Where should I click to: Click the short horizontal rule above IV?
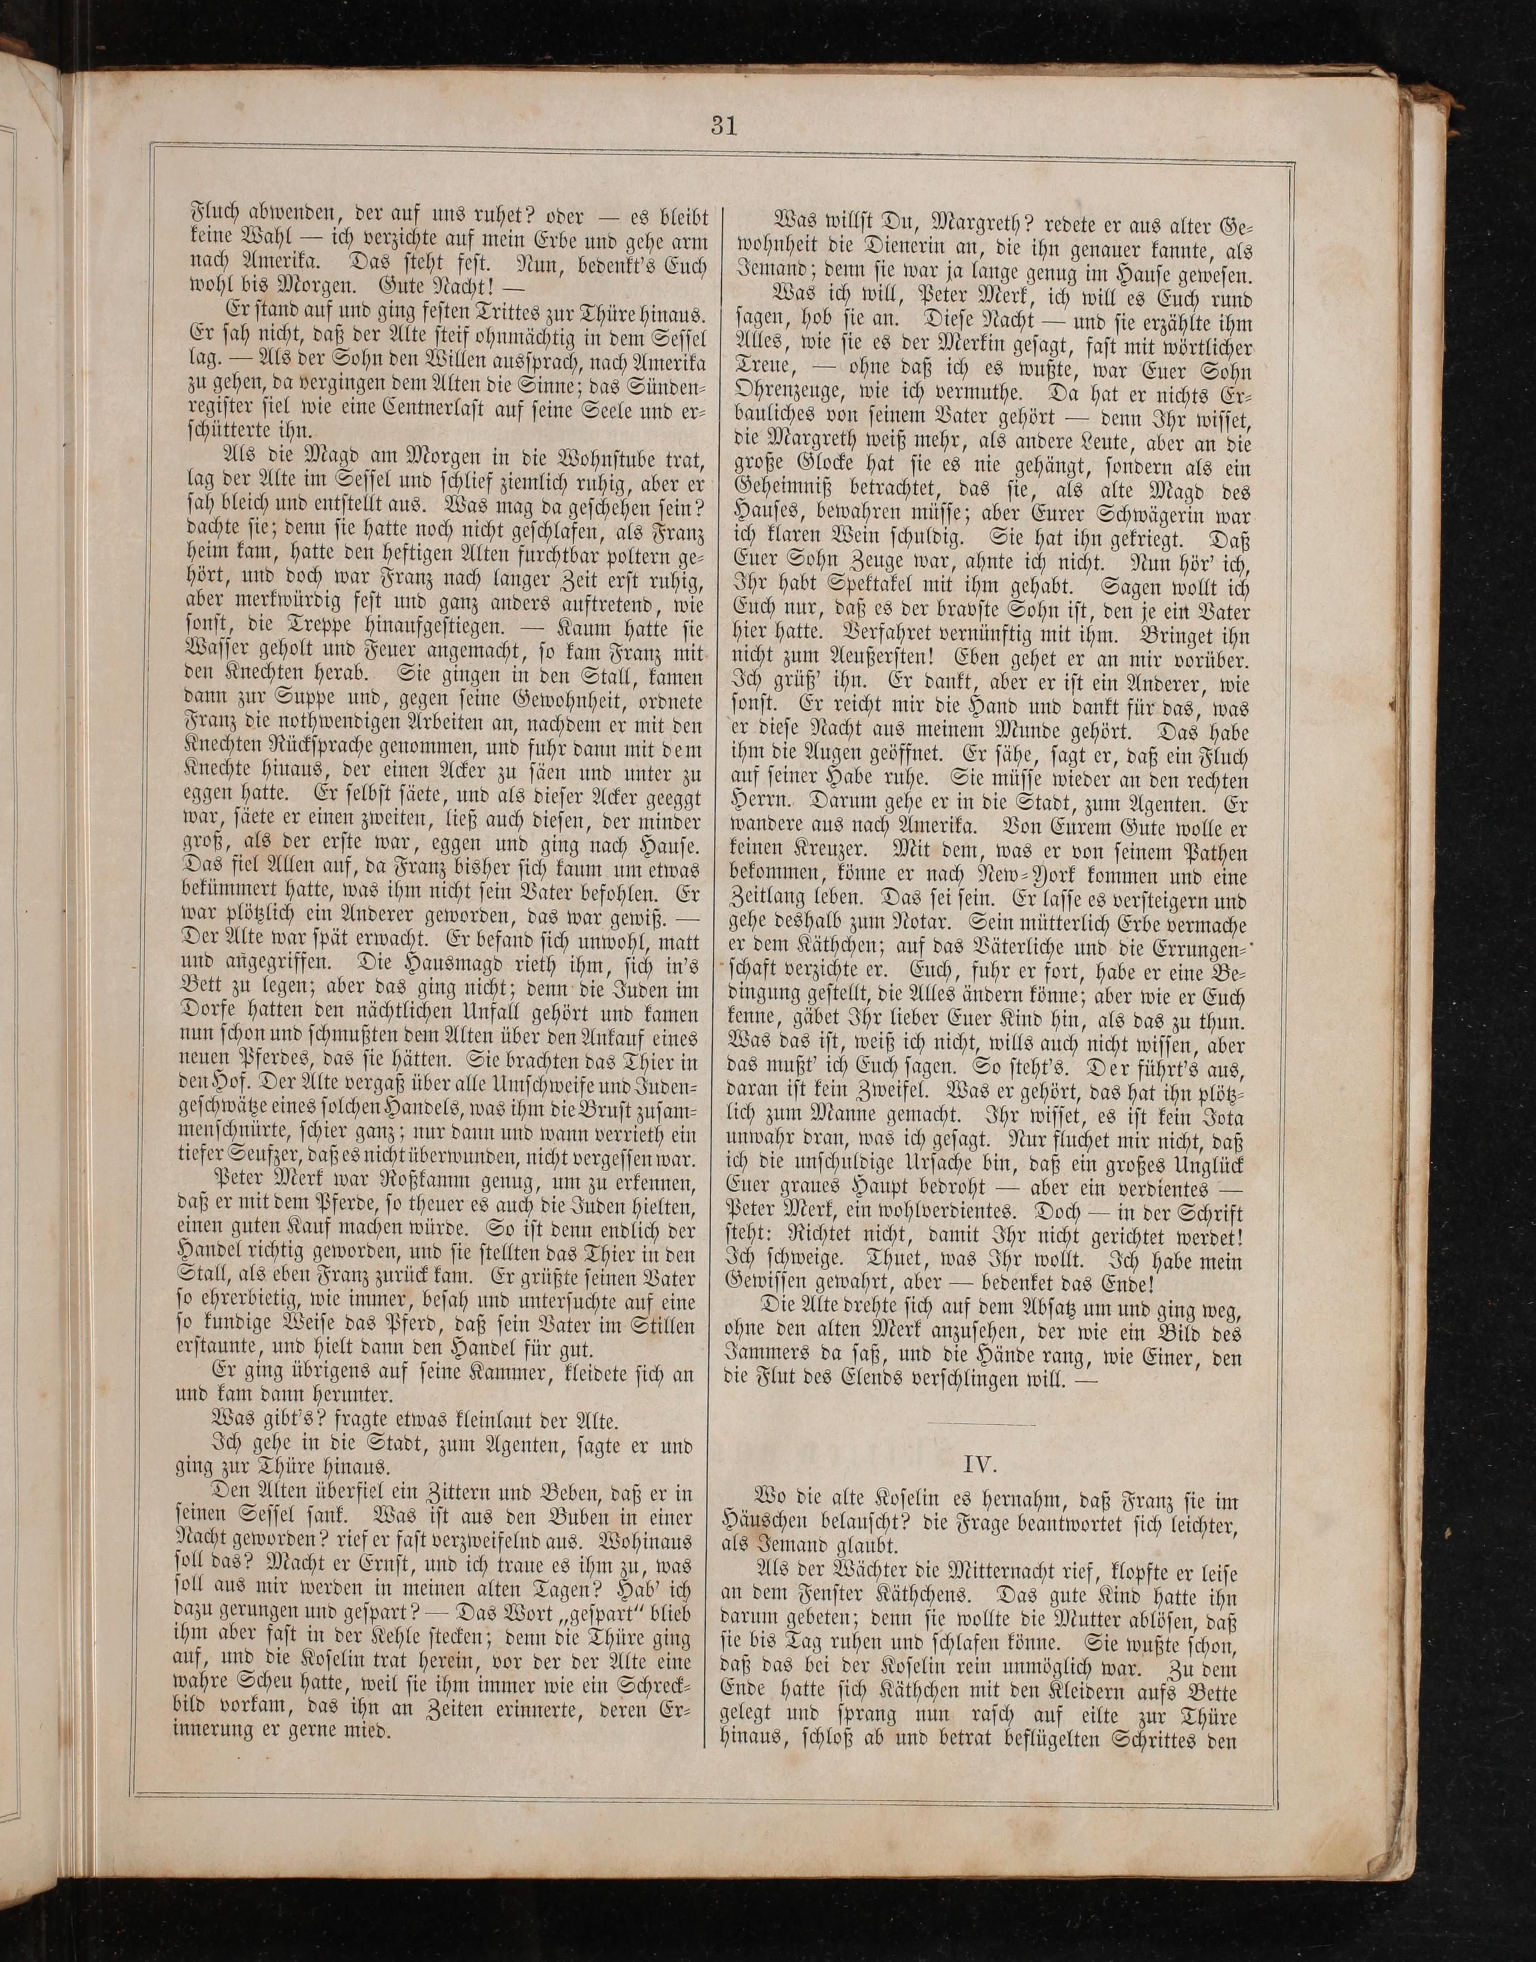980,1424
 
